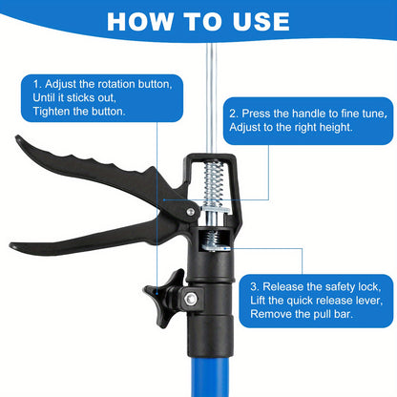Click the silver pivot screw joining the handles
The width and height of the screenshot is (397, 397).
pos(190,212)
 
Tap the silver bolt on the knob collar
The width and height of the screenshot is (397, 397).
pos(189,300)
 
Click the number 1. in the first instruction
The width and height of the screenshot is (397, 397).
pos(36,84)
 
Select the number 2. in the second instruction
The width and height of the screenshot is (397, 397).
pos(234,112)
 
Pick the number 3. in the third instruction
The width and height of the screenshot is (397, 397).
pos(256,285)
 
